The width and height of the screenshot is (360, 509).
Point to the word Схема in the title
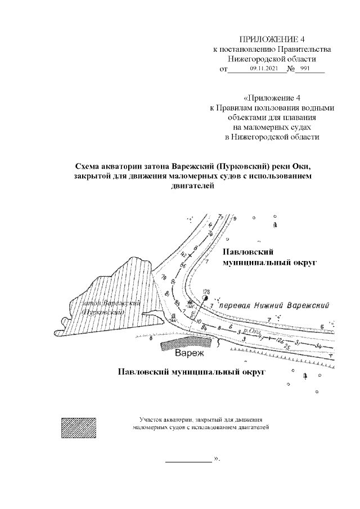(89, 167)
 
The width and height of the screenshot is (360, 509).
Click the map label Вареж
(189, 354)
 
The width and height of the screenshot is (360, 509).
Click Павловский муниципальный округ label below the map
(191, 372)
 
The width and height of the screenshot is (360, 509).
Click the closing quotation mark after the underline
(218, 460)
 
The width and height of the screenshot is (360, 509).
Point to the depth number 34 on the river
(319, 346)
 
